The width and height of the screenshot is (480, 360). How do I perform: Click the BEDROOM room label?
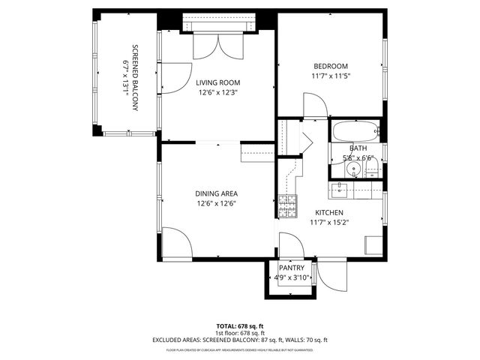(331, 66)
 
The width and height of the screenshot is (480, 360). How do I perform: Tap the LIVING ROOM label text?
(217, 82)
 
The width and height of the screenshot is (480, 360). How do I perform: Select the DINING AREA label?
(217, 193)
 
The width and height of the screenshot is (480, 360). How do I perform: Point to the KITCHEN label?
(328, 212)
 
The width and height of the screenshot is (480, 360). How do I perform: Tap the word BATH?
(357, 148)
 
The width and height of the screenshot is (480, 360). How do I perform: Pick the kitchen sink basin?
(342, 190)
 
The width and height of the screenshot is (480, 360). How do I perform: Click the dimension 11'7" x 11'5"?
(331, 76)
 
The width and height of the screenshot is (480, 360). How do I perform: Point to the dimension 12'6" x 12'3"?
(217, 92)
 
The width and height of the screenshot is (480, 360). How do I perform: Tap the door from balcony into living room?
(174, 77)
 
